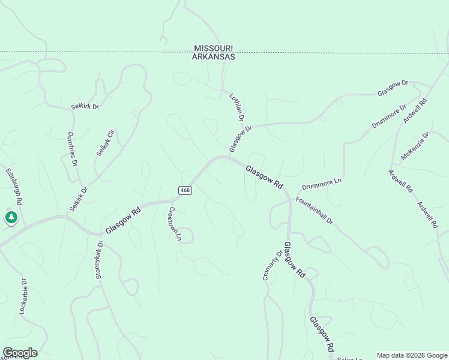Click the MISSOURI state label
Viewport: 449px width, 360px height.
[213, 48]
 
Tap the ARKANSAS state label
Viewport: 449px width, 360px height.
[213, 56]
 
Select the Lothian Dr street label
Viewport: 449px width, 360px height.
[237, 107]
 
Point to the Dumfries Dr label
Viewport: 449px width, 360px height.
[72, 149]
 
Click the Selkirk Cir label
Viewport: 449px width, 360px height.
[105, 143]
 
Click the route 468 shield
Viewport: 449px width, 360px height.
[185, 190]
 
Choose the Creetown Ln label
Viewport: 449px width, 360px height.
[174, 223]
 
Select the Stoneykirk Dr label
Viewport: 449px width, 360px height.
[100, 259]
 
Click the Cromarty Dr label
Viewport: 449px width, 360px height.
[272, 266]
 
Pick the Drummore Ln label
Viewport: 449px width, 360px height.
[322, 183]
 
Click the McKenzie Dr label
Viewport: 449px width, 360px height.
[415, 146]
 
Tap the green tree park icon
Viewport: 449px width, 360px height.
[11, 217]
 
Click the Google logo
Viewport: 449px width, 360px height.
[20, 353]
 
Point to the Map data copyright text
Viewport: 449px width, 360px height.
[412, 355]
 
